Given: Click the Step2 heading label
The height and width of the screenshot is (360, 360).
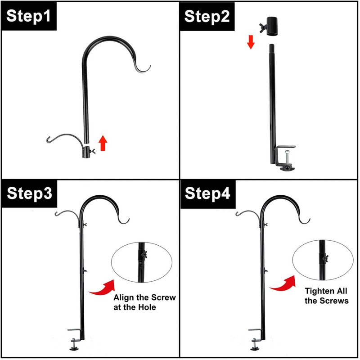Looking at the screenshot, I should pos(207,17).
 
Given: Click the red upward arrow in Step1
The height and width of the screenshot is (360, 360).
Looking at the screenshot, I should pos(103,143).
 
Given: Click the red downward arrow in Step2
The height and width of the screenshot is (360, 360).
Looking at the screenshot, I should pos(251,42).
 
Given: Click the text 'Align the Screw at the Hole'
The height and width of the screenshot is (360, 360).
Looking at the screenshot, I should pos(144,302).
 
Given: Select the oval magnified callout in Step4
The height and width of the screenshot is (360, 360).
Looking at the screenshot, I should pos(321,260).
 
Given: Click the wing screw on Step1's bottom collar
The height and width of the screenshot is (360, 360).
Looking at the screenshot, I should pos(93,153).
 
